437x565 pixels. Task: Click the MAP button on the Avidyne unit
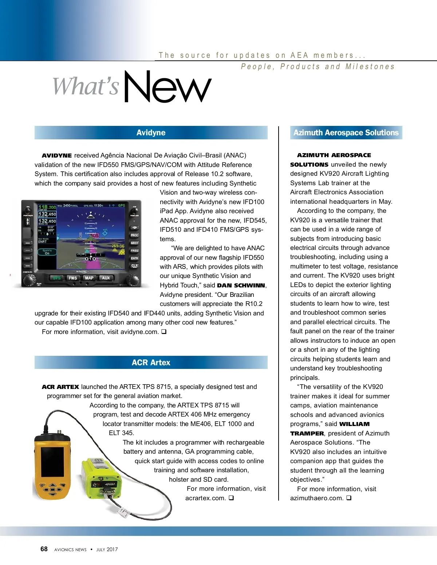tap(89, 278)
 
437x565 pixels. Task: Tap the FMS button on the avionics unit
tap(73, 278)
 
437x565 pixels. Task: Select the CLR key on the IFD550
tap(134, 266)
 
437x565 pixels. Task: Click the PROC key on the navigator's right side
tap(134, 235)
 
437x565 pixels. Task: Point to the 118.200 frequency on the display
tap(47, 207)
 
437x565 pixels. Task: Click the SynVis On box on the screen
tap(47, 252)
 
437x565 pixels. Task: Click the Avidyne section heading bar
tap(151, 133)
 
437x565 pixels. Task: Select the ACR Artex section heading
tap(151, 363)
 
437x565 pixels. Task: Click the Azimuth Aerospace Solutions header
tap(346, 133)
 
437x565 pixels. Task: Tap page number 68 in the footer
tap(44, 549)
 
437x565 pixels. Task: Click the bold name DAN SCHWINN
tap(241, 286)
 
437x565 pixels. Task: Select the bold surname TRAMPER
tap(307, 434)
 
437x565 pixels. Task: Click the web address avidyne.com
tap(139, 332)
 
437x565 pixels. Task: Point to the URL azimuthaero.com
tap(316, 498)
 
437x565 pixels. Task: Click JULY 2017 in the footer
tap(107, 550)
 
